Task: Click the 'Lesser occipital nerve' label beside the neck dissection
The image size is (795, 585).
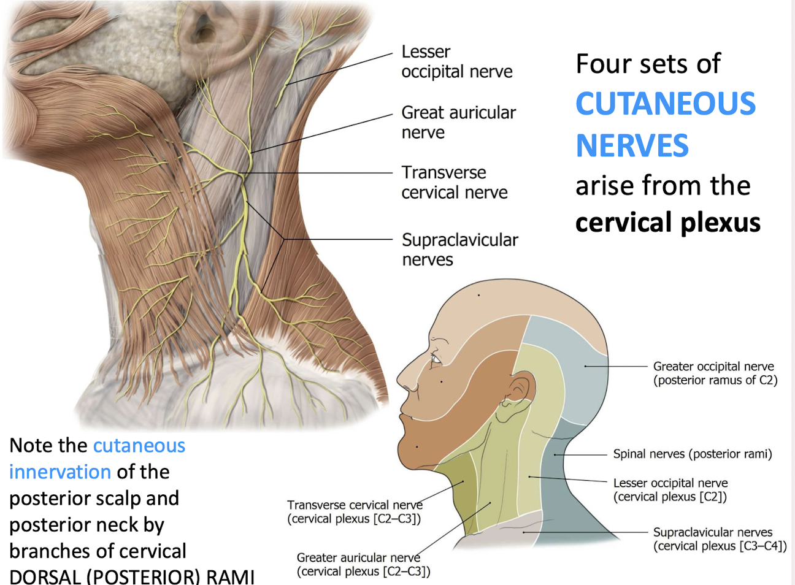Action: click(456, 61)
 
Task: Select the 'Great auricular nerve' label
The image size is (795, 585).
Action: click(458, 122)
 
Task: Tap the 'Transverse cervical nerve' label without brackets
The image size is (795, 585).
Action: click(454, 182)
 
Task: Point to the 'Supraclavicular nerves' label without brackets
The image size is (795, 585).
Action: click(459, 249)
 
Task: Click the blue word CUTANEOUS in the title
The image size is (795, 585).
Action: click(666, 104)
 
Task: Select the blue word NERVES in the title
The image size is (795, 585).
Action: click(632, 146)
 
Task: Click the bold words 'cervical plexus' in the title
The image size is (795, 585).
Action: click(667, 222)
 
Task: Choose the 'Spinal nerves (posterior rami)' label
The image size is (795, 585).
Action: click(692, 454)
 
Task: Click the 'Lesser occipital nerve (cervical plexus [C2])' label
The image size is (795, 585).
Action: click(670, 489)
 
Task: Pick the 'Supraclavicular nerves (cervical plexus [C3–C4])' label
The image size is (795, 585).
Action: click(720, 539)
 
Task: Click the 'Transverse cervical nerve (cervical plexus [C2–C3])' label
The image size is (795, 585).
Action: click(355, 511)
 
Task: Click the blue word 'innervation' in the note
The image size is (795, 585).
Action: click(60, 472)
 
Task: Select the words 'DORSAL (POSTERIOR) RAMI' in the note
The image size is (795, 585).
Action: click(131, 576)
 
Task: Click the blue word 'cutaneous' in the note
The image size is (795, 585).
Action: click(139, 445)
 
